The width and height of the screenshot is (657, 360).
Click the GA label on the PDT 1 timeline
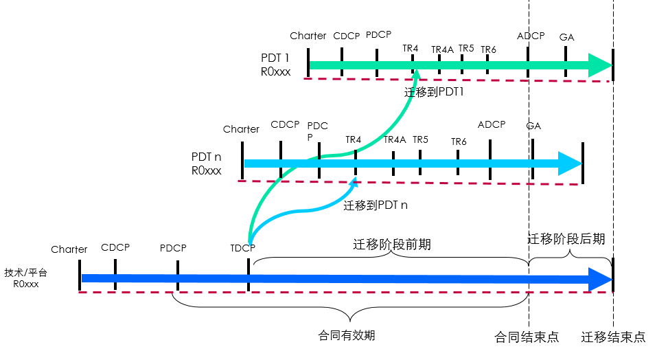567,37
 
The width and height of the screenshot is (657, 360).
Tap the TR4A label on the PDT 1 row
442,49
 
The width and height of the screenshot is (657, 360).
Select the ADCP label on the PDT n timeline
492,125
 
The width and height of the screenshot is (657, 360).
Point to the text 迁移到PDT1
434,91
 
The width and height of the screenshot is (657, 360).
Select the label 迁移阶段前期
392,245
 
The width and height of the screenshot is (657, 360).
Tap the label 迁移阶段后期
566,239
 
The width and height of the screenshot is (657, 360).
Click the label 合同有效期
347,336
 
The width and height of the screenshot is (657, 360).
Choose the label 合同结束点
527,337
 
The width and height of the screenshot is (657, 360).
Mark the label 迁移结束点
613,337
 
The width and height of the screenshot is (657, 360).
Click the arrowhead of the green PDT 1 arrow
601,65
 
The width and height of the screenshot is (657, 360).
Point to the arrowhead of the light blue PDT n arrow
570,164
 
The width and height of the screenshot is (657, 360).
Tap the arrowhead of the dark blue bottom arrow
601,279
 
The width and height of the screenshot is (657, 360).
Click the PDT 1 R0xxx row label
276,64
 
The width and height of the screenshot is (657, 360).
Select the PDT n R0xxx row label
207,164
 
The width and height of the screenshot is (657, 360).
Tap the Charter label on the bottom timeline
69,249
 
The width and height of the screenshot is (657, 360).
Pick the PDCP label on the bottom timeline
173,247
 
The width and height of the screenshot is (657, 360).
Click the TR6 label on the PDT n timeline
459,142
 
